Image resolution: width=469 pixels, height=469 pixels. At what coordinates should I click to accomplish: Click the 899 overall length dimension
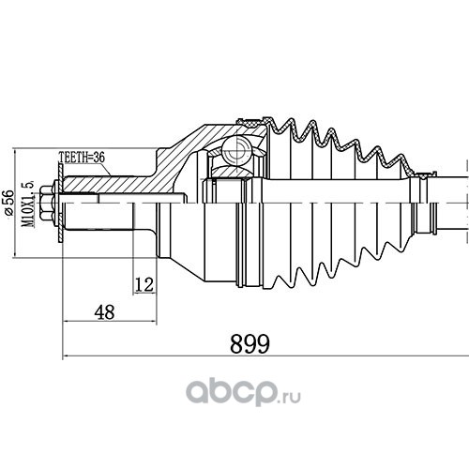coord(250,343)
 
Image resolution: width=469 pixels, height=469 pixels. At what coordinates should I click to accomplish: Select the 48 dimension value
coord(105,312)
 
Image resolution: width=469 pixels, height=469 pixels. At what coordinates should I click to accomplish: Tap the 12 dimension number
coord(144,284)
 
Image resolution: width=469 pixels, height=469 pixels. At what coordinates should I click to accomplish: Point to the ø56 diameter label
coord(8,202)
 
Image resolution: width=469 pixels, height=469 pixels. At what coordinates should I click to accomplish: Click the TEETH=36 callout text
coord(82,158)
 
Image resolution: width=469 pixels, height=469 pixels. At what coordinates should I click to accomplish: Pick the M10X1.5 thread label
coord(28,204)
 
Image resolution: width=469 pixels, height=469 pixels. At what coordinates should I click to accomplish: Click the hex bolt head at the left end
coord(46,204)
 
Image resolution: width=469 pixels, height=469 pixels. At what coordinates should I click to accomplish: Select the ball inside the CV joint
coord(236,150)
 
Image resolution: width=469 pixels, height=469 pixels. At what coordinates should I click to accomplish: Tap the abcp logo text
coord(232,391)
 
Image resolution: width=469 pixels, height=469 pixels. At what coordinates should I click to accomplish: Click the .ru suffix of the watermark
coord(290,397)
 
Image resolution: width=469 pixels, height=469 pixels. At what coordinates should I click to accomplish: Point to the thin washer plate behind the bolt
coord(61,204)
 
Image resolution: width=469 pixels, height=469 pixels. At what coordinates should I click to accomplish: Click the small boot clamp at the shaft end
coord(425,175)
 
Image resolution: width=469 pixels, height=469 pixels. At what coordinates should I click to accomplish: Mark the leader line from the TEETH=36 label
coord(105,169)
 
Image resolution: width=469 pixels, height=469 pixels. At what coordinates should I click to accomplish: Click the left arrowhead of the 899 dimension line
coord(66,356)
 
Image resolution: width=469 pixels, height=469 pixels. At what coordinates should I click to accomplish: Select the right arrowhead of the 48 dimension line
coord(153,321)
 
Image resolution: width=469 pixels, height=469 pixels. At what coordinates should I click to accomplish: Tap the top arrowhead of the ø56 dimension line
coord(15,153)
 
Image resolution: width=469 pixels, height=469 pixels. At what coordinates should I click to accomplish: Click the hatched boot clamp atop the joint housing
coord(250,122)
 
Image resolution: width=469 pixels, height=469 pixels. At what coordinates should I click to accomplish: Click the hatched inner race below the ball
coord(233,172)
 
